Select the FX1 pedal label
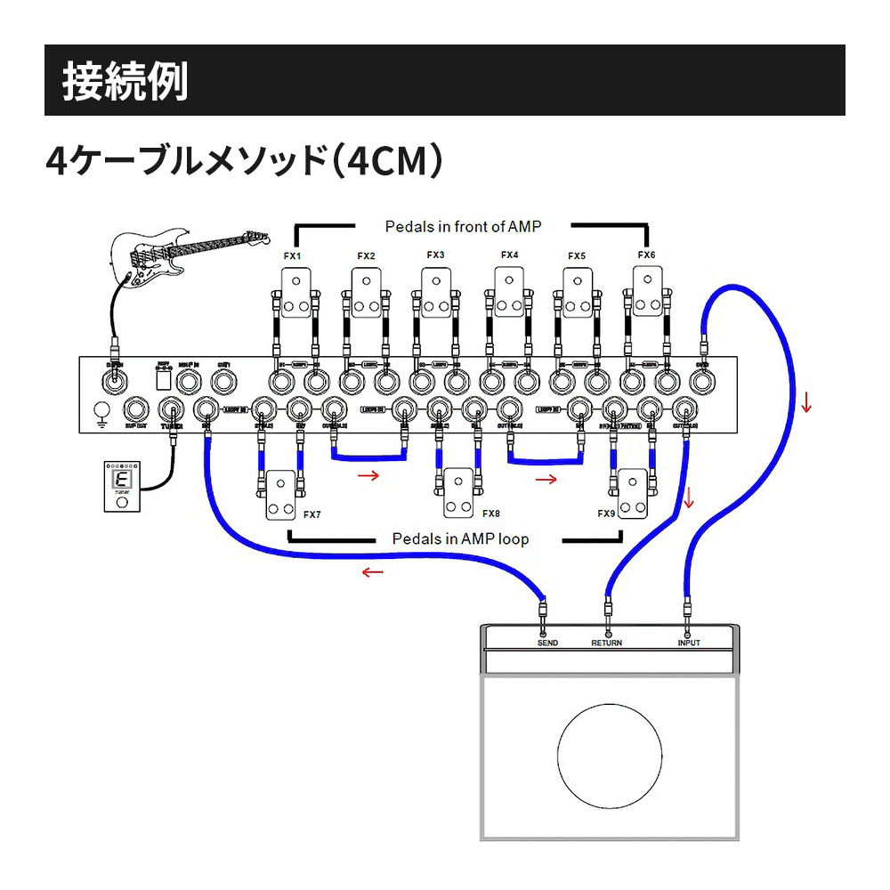[x=292, y=256]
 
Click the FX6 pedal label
[x=646, y=255]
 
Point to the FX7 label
[x=311, y=514]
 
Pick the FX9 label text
[x=606, y=514]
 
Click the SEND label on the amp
[x=547, y=643]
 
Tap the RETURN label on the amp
[x=607, y=643]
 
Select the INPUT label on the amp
[x=689, y=643]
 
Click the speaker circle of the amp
[x=610, y=757]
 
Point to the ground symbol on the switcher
[x=102, y=412]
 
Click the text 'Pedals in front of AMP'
[x=462, y=227]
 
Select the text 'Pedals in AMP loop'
[x=460, y=538]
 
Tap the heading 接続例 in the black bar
[x=125, y=81]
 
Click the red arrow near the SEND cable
[x=372, y=572]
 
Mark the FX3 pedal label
[x=435, y=255]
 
